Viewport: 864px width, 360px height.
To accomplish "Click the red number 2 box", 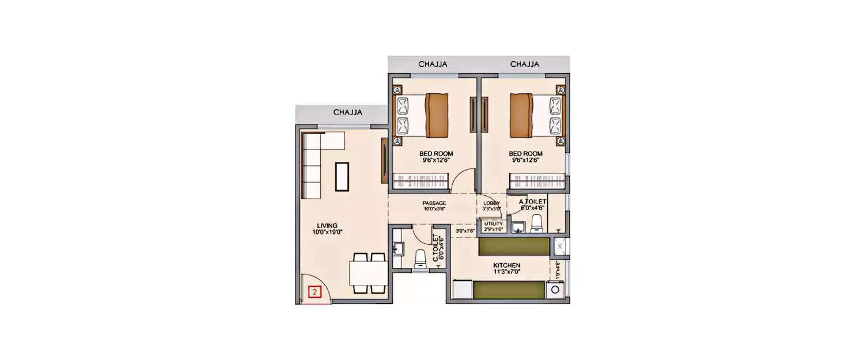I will point(314,292).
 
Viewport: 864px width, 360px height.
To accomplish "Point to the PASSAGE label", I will point(434,203).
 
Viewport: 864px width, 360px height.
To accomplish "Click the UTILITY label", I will point(494,223).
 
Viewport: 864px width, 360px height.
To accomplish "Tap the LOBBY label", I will point(491,203).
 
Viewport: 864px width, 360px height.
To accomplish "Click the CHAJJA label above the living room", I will point(347,113).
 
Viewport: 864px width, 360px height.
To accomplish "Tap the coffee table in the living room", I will point(342,177).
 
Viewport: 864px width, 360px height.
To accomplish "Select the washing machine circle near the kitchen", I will point(556,290).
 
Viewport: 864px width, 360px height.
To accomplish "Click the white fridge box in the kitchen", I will point(463,289).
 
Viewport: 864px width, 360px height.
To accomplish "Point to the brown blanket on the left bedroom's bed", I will point(436,115).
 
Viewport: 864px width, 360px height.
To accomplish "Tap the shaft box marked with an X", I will point(559,247).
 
